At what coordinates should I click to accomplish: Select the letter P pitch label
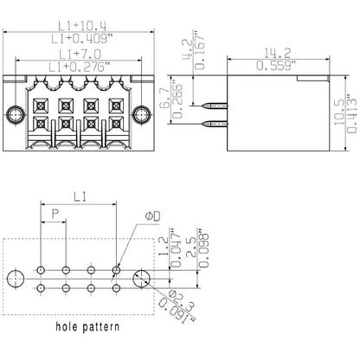(56, 213)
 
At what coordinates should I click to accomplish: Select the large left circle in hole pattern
(15, 279)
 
